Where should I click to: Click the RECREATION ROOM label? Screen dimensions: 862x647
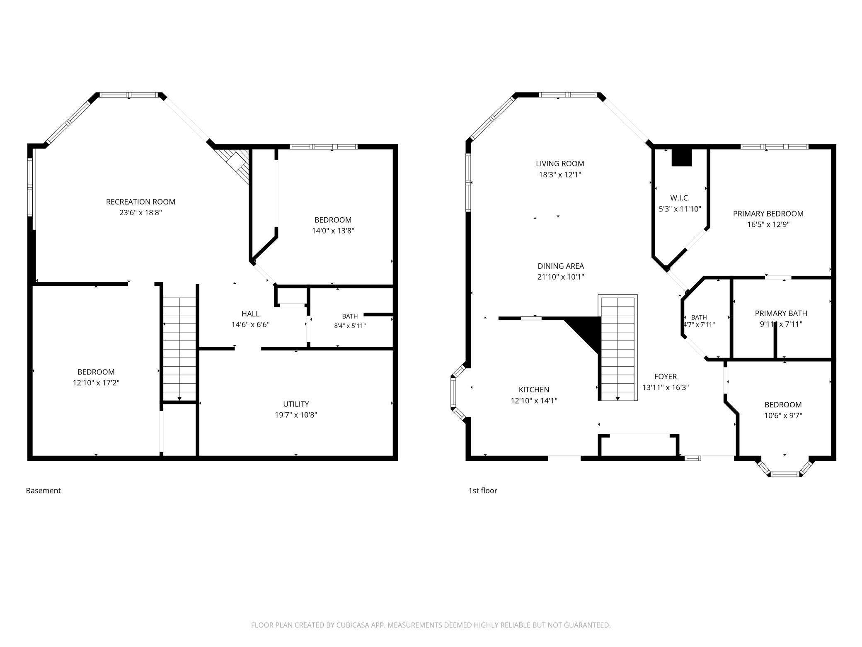tap(140, 202)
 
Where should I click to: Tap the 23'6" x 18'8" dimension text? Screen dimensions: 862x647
tap(140, 213)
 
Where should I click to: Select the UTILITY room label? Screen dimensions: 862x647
tap(296, 404)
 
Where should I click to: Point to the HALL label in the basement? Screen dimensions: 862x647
tap(251, 314)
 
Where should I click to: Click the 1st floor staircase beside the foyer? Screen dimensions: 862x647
tap(617, 348)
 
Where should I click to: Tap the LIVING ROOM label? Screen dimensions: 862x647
tap(560, 164)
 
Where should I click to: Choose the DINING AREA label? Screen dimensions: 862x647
tap(561, 266)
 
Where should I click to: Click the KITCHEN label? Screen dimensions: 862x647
tap(534, 390)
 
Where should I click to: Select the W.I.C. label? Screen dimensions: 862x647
tap(680, 198)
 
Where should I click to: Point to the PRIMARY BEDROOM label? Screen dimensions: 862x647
tap(768, 214)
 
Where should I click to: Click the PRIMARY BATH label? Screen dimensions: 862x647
tap(781, 314)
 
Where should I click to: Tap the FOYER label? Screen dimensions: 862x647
tap(666, 377)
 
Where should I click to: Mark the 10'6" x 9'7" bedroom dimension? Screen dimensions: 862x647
tap(783, 416)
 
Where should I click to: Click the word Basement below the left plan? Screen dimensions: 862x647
tap(44, 491)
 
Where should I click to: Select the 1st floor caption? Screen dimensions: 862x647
tap(483, 491)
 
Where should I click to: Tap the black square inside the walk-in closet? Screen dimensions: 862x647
tap(682, 158)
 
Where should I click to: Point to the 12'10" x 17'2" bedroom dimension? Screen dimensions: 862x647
tap(96, 383)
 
